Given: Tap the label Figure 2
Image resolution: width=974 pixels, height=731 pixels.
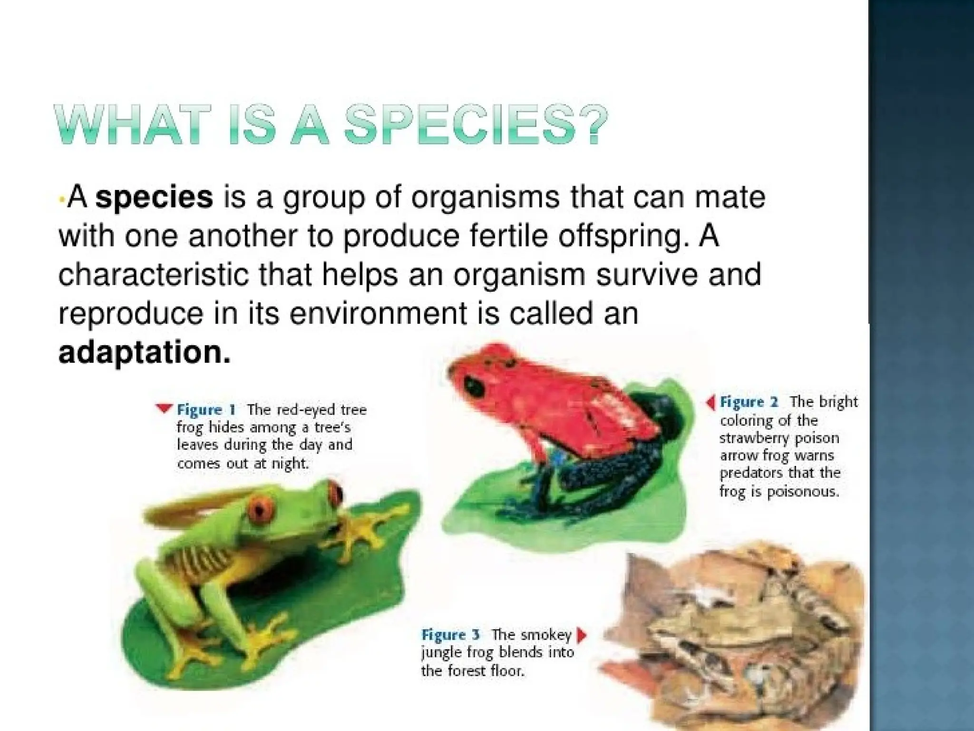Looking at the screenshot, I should [x=749, y=402].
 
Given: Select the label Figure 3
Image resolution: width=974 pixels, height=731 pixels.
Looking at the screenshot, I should [x=451, y=635].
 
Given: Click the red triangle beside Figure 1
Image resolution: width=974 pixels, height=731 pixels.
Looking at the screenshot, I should [x=164, y=408].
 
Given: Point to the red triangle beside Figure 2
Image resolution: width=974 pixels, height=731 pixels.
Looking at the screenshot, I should [x=711, y=403].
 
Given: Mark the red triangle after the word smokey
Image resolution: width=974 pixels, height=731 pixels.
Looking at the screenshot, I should [x=581, y=635].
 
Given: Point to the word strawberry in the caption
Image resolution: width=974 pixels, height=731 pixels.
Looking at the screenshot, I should [x=755, y=438].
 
